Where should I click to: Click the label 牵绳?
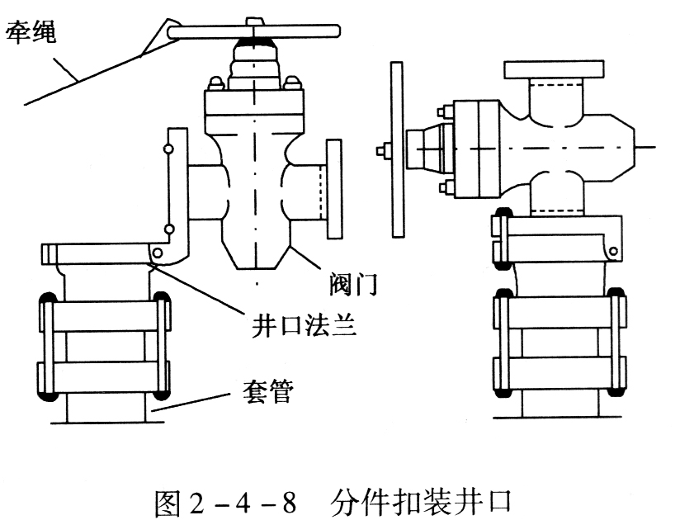[x=35, y=35]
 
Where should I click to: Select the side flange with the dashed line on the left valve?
[x=334, y=189]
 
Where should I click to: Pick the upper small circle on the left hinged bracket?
[x=168, y=149]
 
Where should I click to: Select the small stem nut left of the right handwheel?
[x=381, y=150]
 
